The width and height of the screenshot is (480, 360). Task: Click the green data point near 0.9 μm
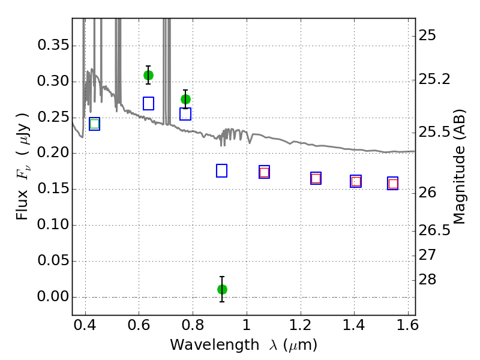(222, 289)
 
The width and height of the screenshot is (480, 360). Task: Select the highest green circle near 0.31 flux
(148, 75)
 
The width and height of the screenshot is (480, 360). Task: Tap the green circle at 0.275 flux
(185, 99)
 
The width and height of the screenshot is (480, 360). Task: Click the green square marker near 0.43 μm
(94, 124)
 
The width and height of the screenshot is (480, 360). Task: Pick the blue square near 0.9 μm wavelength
(221, 171)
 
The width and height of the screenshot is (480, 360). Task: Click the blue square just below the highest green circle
(149, 103)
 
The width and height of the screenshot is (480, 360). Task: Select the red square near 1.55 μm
(393, 184)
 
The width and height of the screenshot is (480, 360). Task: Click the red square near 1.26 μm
(316, 178)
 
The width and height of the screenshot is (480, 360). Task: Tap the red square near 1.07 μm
(264, 172)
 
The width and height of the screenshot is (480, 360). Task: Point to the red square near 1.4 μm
(356, 181)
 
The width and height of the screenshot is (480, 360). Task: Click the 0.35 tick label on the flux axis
(52, 46)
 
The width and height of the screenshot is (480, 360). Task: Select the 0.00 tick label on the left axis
(52, 297)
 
